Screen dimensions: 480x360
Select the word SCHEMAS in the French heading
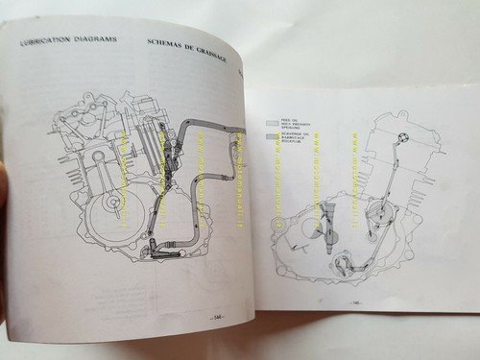click(x=169, y=43)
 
